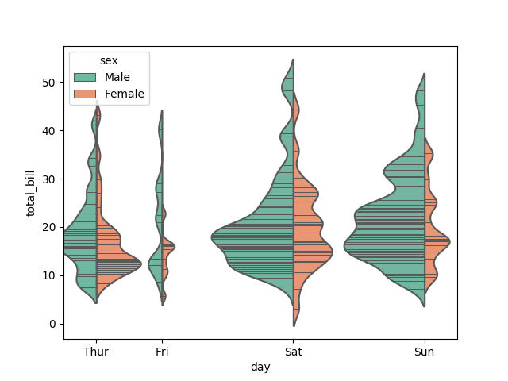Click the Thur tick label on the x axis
coord(96,351)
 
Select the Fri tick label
coord(162,351)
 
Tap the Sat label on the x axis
coord(294,351)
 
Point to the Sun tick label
coord(425,351)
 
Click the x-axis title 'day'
coord(260,367)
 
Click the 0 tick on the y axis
coord(52,324)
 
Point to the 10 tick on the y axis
coord(49,275)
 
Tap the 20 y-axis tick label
coord(49,227)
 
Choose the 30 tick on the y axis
coord(49,179)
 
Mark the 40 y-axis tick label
coord(49,130)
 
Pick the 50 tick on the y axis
coord(49,82)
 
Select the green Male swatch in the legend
coord(85,78)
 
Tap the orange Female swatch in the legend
coord(85,94)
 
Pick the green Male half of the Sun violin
coord(389,230)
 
